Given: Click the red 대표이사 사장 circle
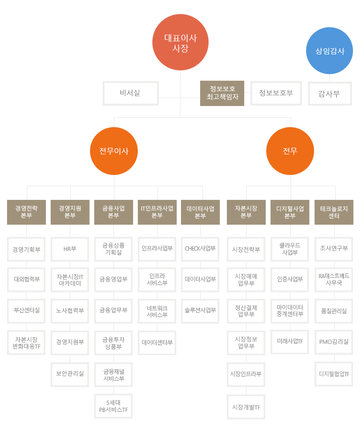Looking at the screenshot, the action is click(x=180, y=42).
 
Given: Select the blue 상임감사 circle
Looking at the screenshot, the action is click(x=330, y=51).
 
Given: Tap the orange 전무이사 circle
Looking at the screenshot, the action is click(x=114, y=151).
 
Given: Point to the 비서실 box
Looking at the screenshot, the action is click(x=130, y=93).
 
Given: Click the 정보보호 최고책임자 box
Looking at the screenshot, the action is click(x=222, y=93).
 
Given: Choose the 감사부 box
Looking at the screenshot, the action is click(x=330, y=94).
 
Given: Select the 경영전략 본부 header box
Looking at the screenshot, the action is click(x=26, y=212).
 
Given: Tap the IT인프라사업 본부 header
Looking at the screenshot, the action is click(x=157, y=212).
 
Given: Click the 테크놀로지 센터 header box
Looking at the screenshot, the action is click(x=334, y=212).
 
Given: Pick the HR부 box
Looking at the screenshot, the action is click(x=70, y=249).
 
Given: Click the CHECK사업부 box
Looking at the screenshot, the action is click(x=200, y=249).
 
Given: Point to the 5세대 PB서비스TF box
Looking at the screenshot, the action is click(x=113, y=406).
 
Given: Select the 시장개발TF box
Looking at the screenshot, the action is click(x=246, y=407).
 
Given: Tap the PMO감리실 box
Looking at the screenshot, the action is click(x=334, y=342).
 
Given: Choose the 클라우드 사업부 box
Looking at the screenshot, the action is click(x=290, y=249).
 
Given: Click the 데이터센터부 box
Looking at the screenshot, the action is click(x=157, y=343).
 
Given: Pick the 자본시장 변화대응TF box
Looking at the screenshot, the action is click(x=26, y=343).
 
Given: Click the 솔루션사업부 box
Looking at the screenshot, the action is click(x=200, y=311).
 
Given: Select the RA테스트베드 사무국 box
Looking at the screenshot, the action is click(x=334, y=280).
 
